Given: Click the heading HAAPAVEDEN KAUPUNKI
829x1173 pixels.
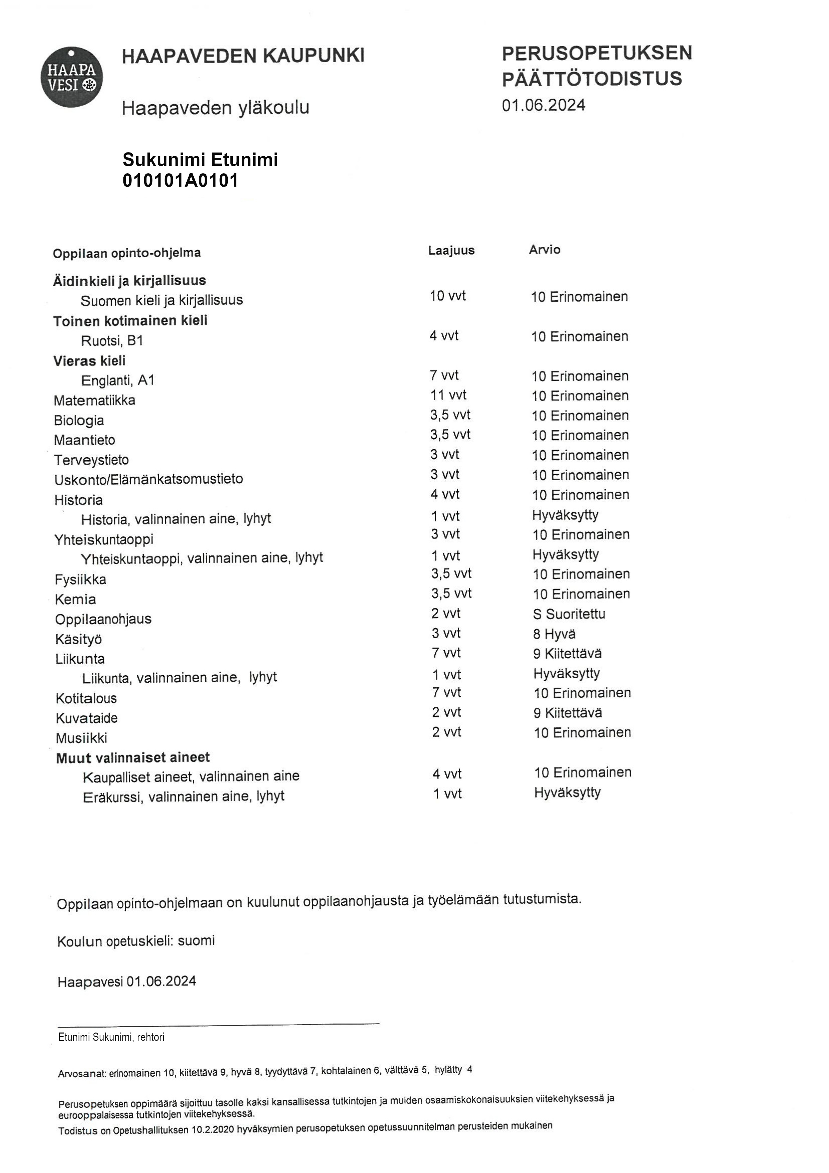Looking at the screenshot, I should click(243, 55).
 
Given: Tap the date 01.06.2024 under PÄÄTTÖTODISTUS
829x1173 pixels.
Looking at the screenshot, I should click(543, 105).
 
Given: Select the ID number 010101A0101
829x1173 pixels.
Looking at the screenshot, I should click(180, 181).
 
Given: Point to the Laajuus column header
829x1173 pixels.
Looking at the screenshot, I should click(451, 250).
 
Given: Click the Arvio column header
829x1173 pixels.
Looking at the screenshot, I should click(544, 250).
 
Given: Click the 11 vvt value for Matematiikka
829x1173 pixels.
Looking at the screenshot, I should click(448, 395).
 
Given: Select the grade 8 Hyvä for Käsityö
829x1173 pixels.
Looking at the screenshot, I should click(554, 634).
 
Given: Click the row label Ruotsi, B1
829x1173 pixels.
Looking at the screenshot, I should click(112, 341).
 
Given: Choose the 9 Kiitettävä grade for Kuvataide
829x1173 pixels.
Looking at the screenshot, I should click(567, 713).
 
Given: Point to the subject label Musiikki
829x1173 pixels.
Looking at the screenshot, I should click(81, 738).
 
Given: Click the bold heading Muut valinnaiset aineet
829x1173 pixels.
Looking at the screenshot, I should click(133, 758).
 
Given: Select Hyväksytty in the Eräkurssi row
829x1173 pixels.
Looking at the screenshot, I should click(567, 792).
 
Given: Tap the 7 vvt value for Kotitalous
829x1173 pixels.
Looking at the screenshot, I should click(446, 693).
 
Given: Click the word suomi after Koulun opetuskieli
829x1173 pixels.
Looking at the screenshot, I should click(196, 941).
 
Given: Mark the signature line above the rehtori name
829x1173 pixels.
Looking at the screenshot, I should click(219, 1024).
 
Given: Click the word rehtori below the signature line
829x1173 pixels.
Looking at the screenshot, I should click(151, 1037).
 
